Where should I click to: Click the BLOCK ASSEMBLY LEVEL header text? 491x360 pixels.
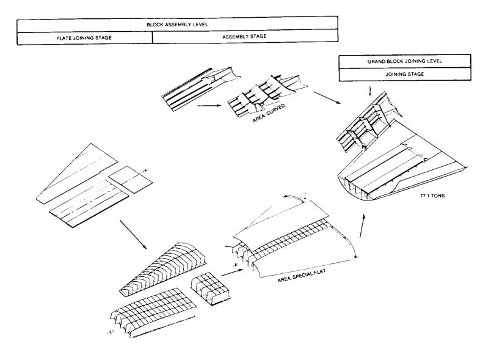(177, 24)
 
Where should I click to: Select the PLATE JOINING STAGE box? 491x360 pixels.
(84, 38)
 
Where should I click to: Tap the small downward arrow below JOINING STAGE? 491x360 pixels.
(371, 91)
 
